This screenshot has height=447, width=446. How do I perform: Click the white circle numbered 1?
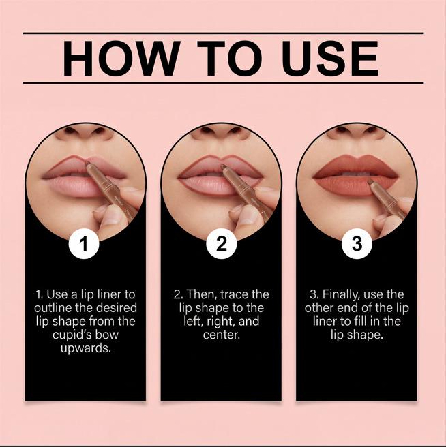(84, 244)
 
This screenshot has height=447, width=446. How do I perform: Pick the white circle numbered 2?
(222, 244)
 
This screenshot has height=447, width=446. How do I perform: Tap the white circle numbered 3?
(357, 244)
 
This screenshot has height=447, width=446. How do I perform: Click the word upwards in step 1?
(86, 349)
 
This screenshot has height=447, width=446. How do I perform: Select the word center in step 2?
(222, 335)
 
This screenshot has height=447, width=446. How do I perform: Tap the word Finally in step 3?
(341, 295)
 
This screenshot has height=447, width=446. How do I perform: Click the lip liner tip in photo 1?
(88, 164)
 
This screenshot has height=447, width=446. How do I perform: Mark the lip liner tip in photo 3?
(370, 183)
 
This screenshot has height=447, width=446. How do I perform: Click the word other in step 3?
(320, 308)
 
